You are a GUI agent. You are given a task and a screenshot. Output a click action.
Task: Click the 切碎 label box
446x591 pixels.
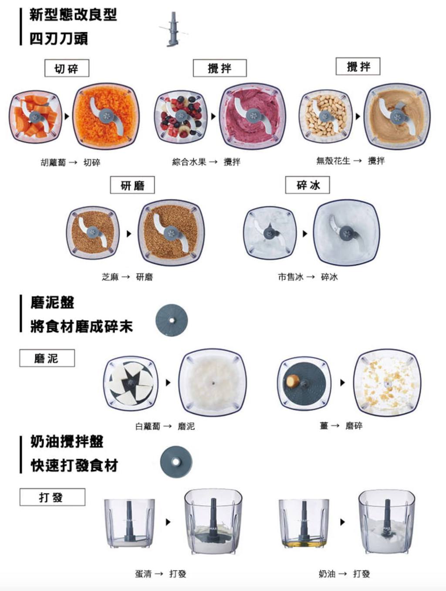pos(67,68)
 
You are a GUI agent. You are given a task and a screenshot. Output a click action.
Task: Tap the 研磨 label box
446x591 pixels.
pos(132,185)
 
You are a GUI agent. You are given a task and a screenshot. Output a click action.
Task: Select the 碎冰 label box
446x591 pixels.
pos(307,185)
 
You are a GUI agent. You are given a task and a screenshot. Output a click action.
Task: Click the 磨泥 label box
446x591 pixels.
pos(47,358)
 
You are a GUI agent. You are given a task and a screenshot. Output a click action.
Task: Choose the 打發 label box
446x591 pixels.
pos(52,497)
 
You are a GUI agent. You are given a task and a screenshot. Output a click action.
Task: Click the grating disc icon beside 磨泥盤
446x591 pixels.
pos(172,320)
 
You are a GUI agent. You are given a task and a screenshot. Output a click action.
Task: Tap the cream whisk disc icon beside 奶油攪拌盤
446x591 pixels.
pos(176,462)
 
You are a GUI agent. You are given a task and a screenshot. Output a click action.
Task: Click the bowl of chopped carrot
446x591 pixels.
pos(106,116)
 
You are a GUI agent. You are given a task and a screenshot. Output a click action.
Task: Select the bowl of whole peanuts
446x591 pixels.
pos(326,116)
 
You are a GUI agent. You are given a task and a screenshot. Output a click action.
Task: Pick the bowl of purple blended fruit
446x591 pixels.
pos(253,116)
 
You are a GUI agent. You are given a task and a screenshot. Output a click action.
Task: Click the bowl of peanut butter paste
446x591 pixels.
pos(397,116)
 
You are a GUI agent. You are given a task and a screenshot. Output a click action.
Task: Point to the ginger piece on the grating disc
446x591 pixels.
pos(293,381)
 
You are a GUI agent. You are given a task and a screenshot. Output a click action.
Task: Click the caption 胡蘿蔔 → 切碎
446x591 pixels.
pos(71,162)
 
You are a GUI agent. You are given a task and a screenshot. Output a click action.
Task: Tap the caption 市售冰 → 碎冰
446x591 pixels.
pos(308,277)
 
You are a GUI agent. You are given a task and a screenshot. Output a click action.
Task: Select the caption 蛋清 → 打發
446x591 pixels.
pos(161,574)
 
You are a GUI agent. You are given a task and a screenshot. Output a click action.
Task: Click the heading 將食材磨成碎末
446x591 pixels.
pos(81,326)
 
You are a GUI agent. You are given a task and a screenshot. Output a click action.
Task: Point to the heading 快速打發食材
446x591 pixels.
pos(74,466)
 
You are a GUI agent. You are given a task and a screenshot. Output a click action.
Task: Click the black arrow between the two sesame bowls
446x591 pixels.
pos(129,233)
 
